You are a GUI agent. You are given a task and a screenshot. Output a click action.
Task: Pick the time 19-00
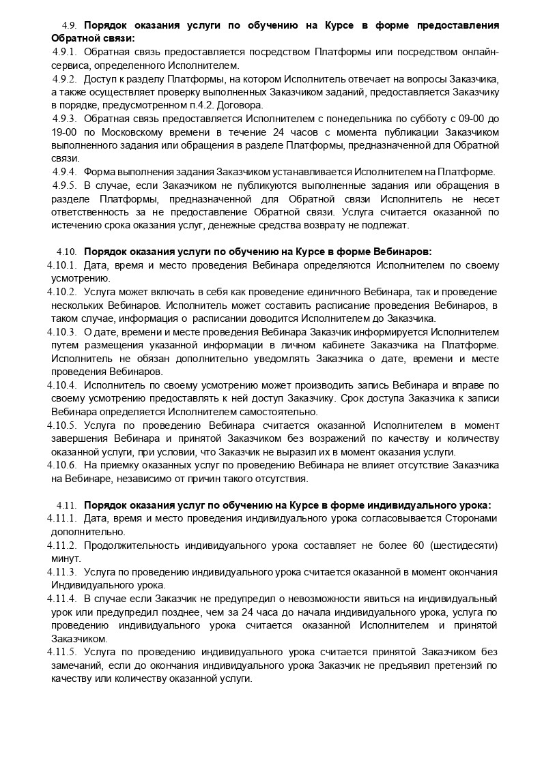click(x=64, y=132)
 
